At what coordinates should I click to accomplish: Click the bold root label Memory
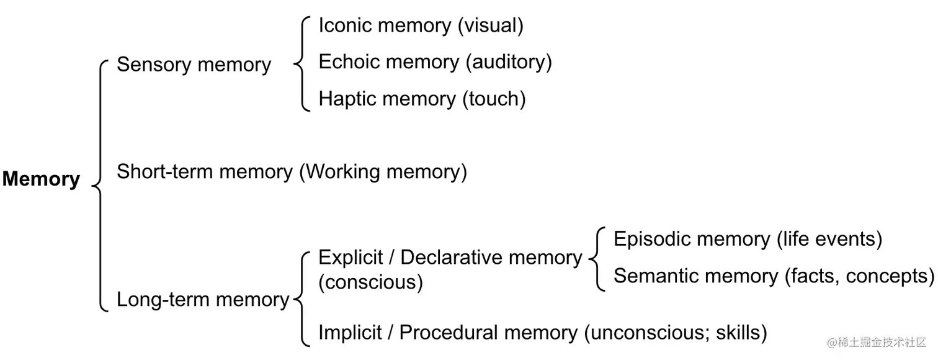(41, 179)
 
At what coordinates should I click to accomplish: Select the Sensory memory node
(194, 65)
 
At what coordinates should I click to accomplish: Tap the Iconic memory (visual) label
(421, 25)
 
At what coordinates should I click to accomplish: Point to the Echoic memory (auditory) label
(434, 62)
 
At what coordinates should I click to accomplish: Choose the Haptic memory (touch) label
(422, 99)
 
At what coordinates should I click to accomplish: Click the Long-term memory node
(203, 300)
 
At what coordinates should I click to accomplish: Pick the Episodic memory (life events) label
(747, 239)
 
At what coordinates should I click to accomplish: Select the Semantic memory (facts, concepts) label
(773, 276)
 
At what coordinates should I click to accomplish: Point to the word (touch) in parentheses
(494, 99)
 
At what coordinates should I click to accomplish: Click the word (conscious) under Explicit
(370, 282)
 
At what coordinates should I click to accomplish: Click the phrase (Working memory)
(383, 172)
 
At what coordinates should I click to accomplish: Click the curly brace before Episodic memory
(597, 258)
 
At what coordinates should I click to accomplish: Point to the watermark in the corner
(876, 342)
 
